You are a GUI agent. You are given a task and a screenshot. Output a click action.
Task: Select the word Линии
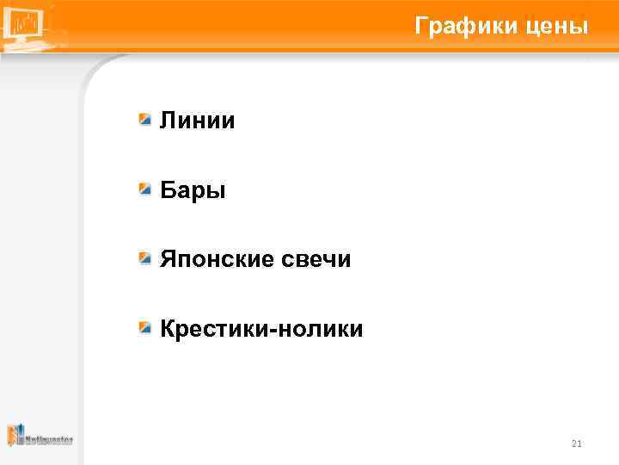(x=198, y=121)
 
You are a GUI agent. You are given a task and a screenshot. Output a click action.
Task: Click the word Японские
(x=217, y=259)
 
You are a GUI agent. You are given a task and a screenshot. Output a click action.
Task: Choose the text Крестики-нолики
(x=261, y=329)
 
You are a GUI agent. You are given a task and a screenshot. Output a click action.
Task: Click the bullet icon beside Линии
(x=147, y=119)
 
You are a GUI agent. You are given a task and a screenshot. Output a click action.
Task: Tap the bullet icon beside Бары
(x=147, y=189)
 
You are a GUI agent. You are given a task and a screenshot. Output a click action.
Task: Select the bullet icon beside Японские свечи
(x=147, y=257)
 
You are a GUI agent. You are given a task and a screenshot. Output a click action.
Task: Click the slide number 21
(x=576, y=444)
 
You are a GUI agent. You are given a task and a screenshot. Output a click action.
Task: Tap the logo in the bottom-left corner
(x=40, y=437)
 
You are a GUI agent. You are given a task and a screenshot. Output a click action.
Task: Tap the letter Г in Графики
(x=421, y=27)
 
